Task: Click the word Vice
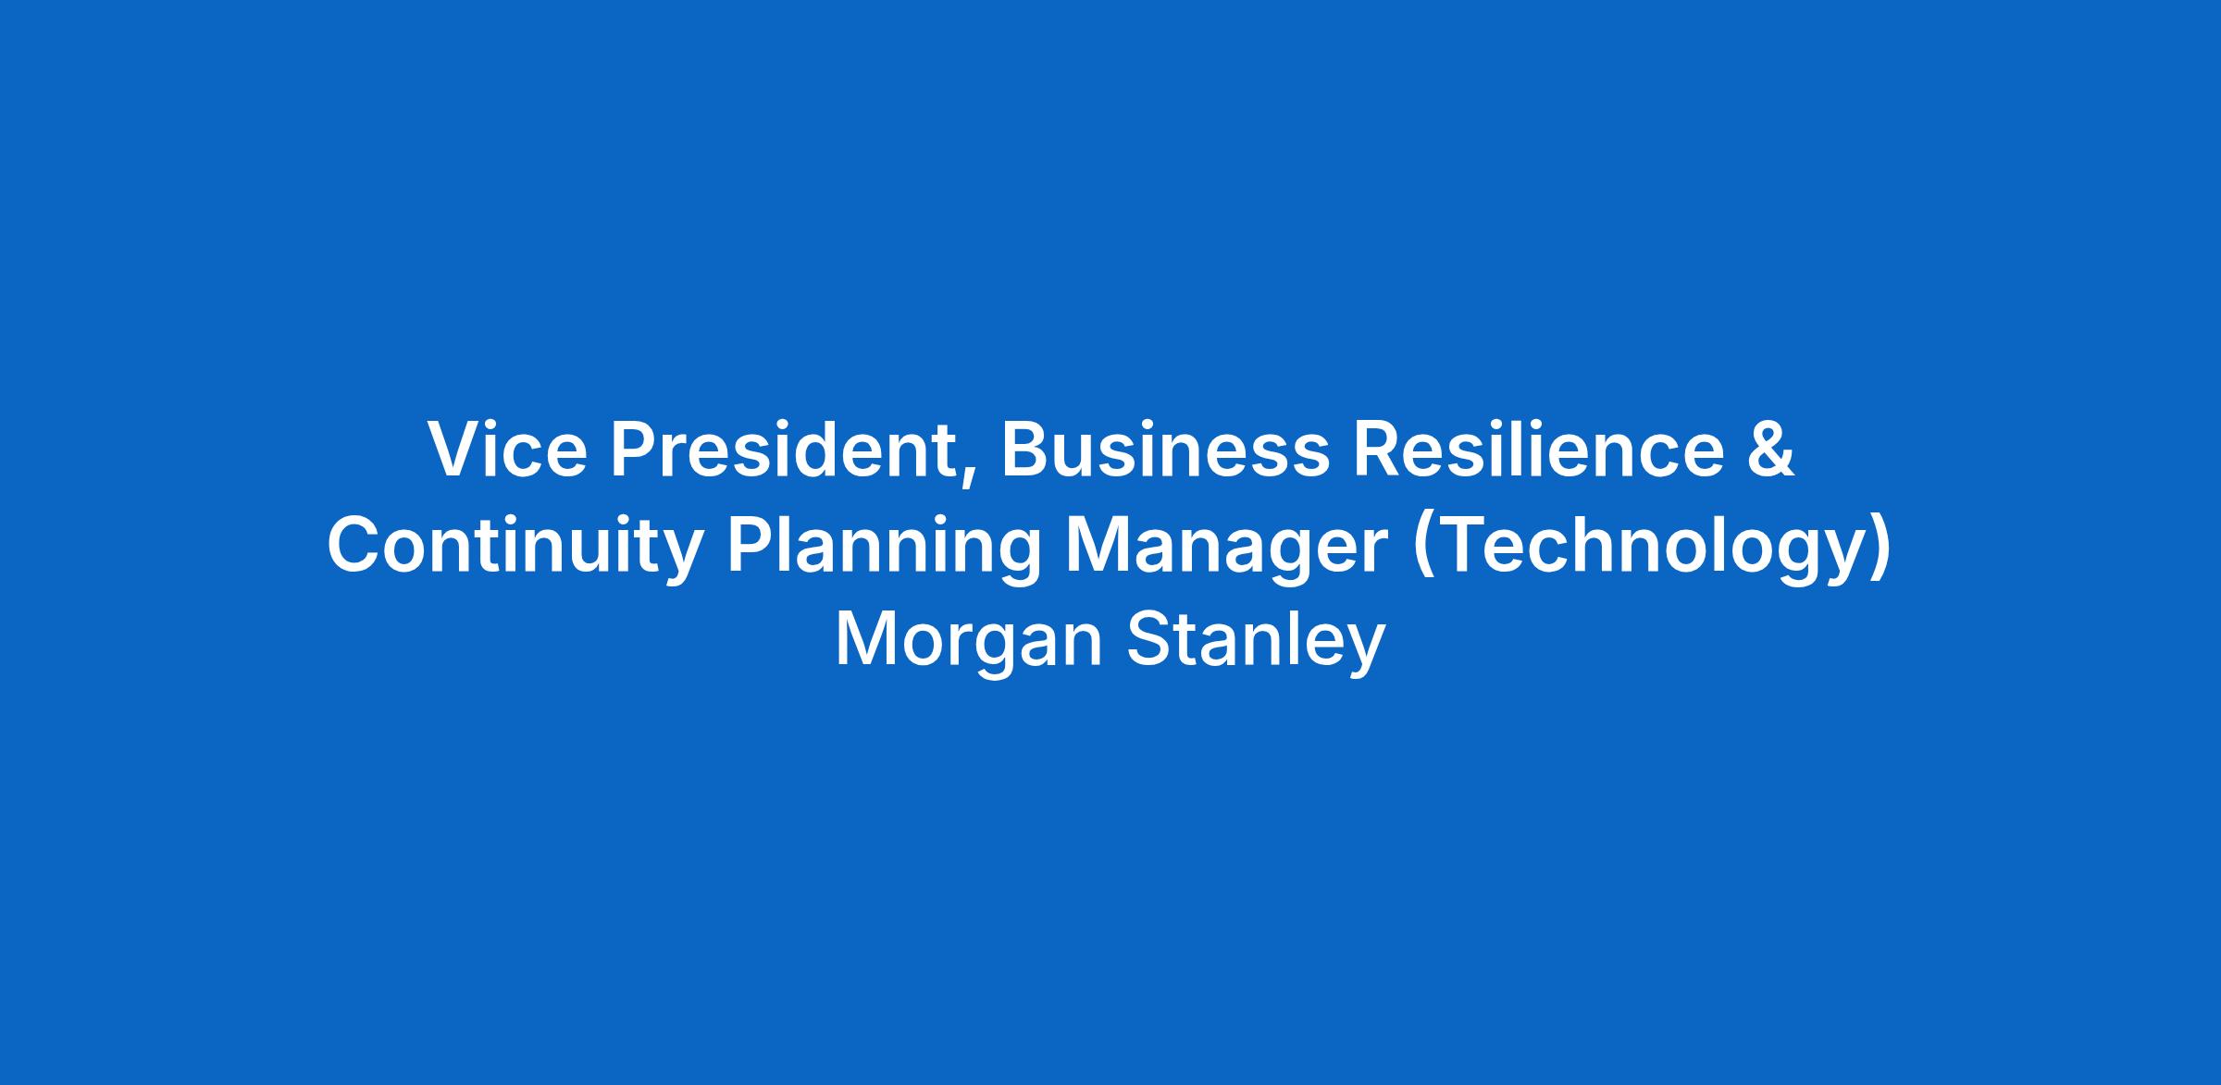[507, 450]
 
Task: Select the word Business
[1165, 450]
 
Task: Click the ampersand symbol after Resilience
[1771, 450]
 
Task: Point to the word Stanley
[1256, 642]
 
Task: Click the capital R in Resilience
[1380, 450]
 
